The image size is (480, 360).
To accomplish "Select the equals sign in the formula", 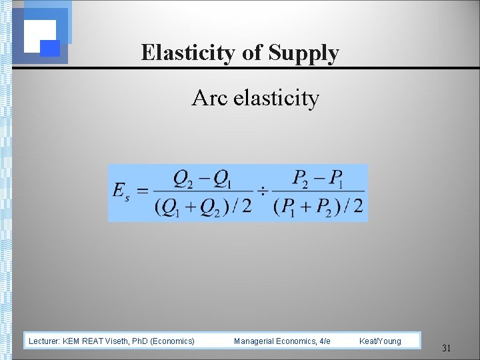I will pos(142,192).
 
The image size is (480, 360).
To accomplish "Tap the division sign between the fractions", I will pos(263,192).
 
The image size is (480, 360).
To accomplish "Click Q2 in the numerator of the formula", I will pos(182,178).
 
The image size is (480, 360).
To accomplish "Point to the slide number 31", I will pos(446,347).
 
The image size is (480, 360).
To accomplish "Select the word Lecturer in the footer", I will pos(45,341).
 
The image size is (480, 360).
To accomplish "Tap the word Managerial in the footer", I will pos(255,341).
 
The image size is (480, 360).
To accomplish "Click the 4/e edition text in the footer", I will pos(325,341).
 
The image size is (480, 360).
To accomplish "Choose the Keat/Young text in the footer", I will pos(380,341).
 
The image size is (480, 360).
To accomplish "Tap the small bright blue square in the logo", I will pos(51,48).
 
